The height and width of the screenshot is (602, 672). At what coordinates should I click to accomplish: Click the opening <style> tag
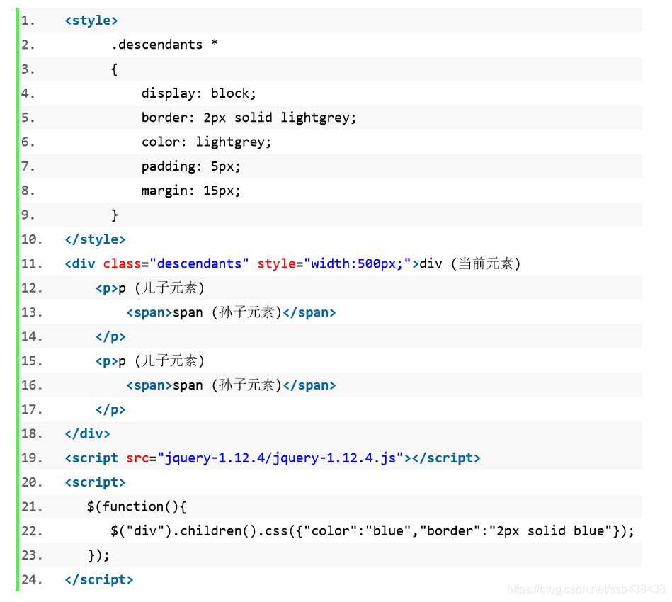tap(91, 21)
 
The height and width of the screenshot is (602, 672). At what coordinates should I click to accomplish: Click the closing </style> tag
tap(95, 239)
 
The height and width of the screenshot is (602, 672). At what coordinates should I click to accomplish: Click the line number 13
tap(31, 312)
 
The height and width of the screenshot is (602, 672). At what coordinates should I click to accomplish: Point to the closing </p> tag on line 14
tap(110, 336)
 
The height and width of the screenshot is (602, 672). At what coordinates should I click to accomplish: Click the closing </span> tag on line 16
tap(309, 385)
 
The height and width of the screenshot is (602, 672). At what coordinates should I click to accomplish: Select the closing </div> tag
tap(87, 433)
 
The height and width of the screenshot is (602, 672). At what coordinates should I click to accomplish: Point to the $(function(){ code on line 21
tap(137, 506)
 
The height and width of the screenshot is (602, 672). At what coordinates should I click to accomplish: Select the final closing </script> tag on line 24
tap(98, 579)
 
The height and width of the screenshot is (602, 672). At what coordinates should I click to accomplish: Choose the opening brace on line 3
tap(115, 69)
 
